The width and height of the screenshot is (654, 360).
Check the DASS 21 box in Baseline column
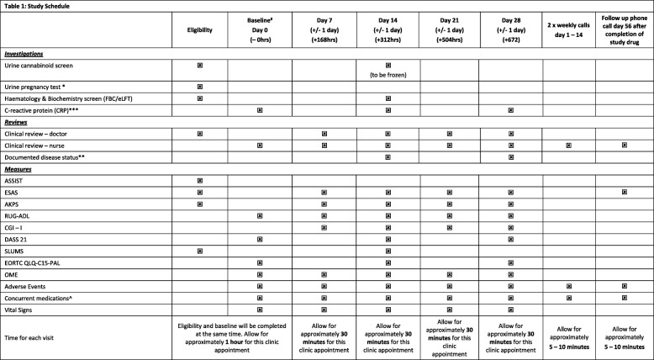261,238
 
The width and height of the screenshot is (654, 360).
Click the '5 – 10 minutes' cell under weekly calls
569,344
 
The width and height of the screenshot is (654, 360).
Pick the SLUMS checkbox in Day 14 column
388,250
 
